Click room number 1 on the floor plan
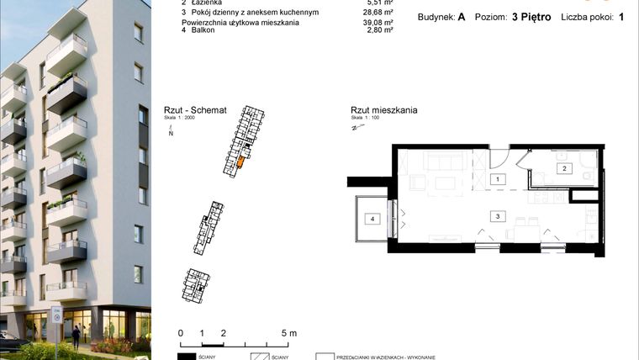coord(497,179)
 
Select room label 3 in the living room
coord(498,216)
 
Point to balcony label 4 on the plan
coord(371,219)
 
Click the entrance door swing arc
coord(497,156)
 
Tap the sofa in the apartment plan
coord(439,161)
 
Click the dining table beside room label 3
coord(527,227)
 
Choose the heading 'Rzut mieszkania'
coord(384,110)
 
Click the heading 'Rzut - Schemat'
coord(194,110)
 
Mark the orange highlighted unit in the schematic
coord(240,161)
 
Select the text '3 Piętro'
coord(531,16)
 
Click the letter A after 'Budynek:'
coord(462,16)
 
